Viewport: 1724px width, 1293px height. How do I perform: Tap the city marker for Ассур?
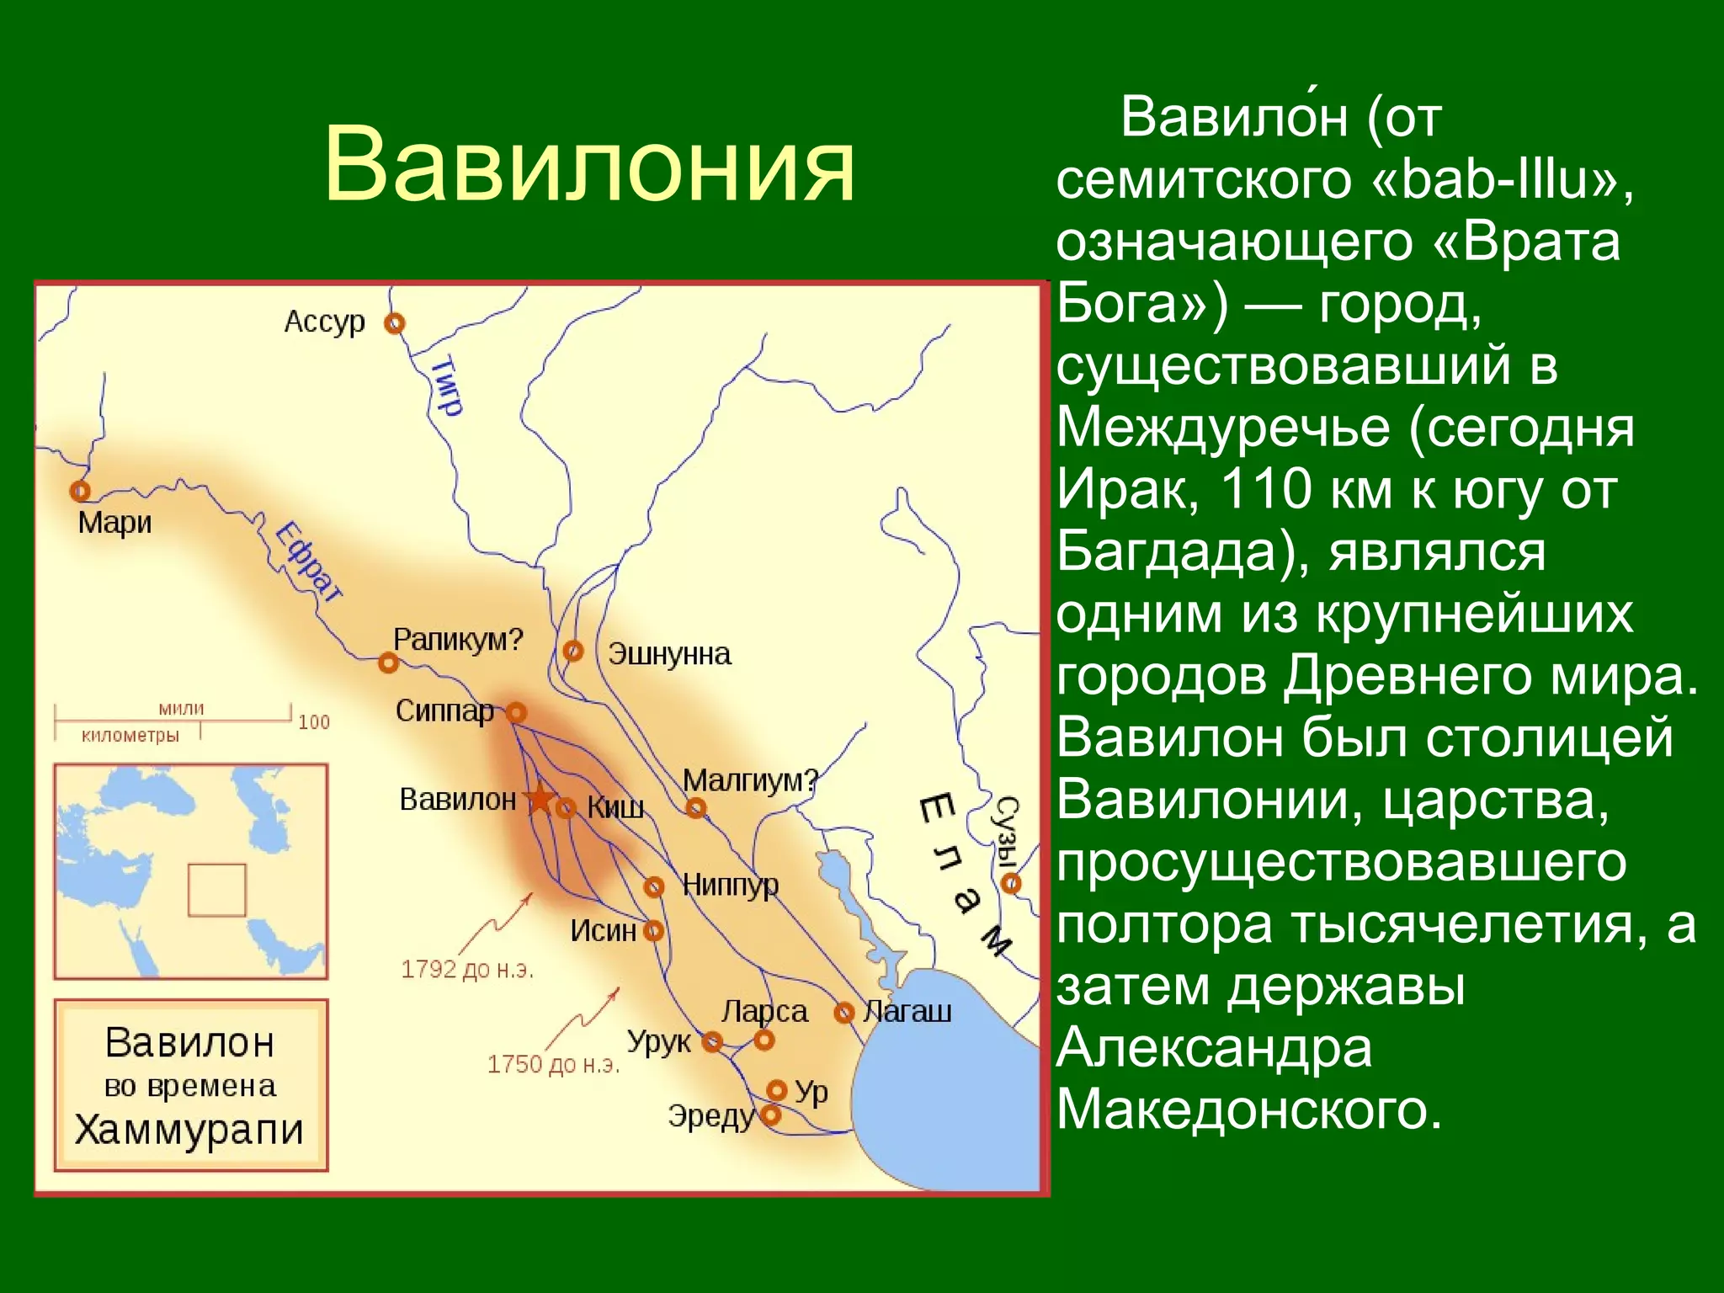click(x=394, y=323)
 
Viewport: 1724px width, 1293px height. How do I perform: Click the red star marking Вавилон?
click(x=539, y=799)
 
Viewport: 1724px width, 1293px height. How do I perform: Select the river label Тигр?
click(x=447, y=386)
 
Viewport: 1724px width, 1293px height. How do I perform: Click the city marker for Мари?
click(x=80, y=490)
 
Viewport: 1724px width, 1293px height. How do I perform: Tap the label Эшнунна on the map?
click(x=669, y=654)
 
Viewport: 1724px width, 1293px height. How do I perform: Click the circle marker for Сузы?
click(x=1011, y=883)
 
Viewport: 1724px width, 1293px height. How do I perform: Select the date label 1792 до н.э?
click(x=467, y=969)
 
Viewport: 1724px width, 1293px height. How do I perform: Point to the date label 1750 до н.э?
click(x=553, y=1064)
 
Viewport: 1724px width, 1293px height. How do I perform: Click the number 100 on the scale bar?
click(x=314, y=722)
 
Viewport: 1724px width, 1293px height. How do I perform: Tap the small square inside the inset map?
click(x=216, y=890)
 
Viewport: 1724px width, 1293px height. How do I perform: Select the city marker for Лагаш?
click(x=843, y=1012)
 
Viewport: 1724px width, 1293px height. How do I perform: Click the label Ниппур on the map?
click(x=730, y=885)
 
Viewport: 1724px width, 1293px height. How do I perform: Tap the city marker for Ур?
click(x=777, y=1091)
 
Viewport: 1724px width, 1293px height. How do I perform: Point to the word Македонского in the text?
click(x=1249, y=1109)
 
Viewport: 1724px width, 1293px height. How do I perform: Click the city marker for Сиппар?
click(x=516, y=713)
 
